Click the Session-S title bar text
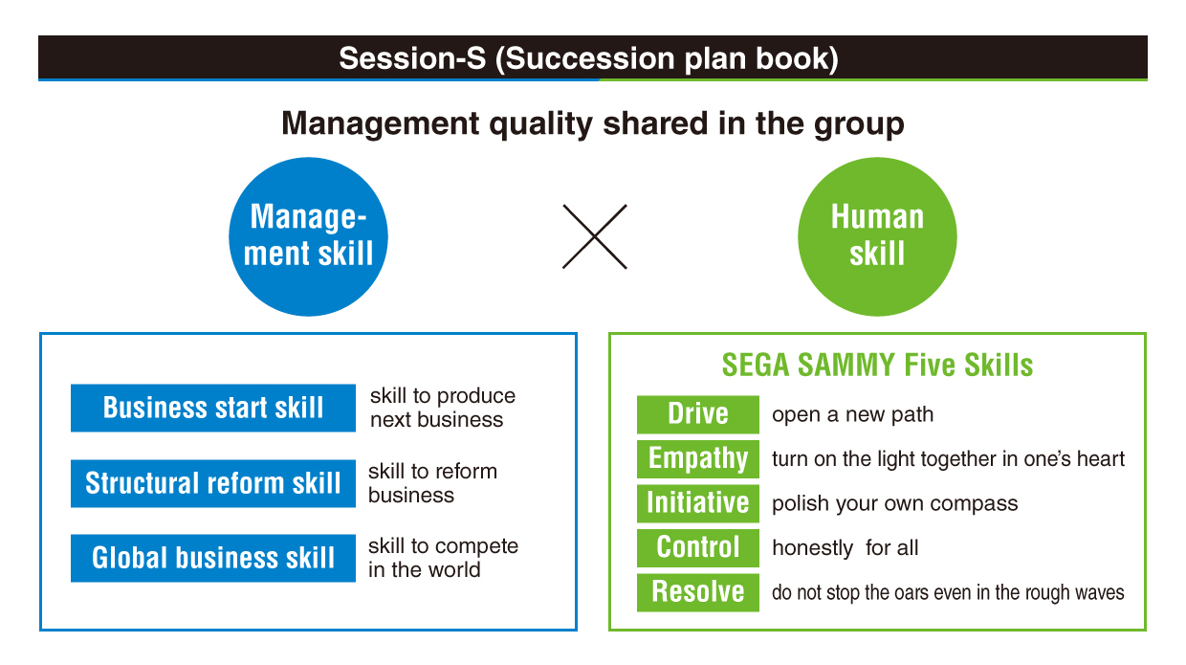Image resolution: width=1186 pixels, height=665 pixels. (588, 57)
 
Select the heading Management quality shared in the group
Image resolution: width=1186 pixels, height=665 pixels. (592, 124)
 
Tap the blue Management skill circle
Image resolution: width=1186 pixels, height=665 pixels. (308, 236)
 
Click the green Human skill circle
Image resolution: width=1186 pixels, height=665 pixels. (877, 236)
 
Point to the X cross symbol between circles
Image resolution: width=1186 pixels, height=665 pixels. (595, 236)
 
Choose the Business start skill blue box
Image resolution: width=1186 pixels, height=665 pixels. (213, 408)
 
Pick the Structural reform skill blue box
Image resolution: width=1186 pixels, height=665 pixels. (213, 483)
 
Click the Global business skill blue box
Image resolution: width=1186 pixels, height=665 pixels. (213, 558)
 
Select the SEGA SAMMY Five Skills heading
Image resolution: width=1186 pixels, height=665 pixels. (877, 366)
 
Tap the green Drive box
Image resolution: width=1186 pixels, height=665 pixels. (698, 414)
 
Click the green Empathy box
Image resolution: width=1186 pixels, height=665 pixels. (698, 459)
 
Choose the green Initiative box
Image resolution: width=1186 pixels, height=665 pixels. (698, 503)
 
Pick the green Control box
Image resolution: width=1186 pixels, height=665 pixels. (698, 548)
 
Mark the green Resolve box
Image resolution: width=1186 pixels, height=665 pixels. (698, 592)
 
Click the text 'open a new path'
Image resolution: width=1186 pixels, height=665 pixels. (852, 414)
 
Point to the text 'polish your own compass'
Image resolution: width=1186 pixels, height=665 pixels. (895, 503)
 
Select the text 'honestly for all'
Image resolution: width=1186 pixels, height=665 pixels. (846, 548)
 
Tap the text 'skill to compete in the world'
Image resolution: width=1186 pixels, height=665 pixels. (443, 558)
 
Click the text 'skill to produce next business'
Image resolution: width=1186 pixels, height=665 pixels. (443, 408)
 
